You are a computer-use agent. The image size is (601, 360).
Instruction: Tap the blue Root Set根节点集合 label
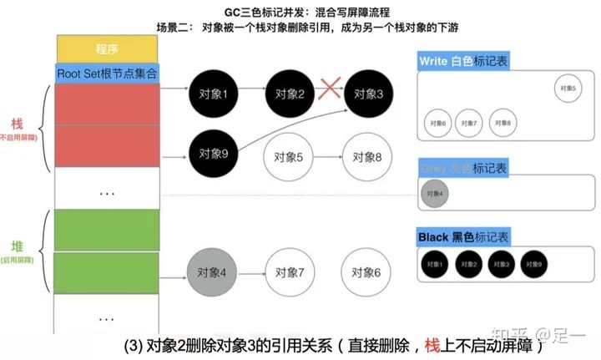[109, 74]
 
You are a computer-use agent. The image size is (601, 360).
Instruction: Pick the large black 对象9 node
[212, 153]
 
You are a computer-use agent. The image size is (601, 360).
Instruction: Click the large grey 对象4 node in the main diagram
[212, 272]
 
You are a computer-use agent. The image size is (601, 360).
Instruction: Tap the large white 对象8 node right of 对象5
[366, 155]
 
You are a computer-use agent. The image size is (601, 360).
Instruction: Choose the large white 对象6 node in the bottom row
[366, 272]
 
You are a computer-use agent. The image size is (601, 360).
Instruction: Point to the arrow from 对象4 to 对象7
[250, 272]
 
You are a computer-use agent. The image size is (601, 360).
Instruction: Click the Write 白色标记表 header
[463, 62]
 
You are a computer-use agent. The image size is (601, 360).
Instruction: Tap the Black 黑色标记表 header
[463, 238]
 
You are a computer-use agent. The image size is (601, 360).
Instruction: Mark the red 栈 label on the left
[18, 123]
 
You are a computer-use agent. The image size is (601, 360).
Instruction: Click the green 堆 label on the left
[18, 246]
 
